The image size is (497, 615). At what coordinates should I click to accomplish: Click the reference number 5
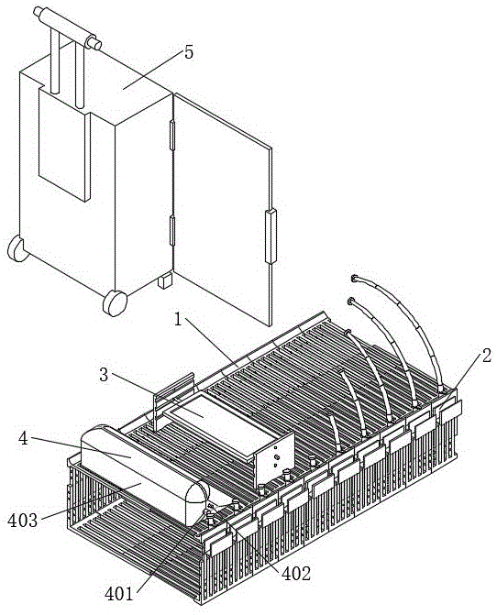[189, 52]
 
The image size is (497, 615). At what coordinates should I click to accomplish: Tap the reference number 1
[179, 320]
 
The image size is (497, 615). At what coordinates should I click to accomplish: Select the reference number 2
[486, 356]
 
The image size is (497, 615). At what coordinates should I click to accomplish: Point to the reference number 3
[104, 375]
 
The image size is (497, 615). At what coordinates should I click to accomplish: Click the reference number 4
[24, 439]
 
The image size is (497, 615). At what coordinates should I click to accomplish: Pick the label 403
[23, 521]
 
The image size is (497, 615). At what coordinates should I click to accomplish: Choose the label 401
[119, 594]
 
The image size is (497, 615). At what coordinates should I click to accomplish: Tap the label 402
[296, 574]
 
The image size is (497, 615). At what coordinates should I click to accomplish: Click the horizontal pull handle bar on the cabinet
[67, 28]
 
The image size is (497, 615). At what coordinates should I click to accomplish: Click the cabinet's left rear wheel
[17, 248]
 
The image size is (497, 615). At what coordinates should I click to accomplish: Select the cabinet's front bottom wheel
[115, 302]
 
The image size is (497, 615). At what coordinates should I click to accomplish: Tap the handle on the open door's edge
[271, 236]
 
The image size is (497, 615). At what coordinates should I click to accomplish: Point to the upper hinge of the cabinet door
[171, 136]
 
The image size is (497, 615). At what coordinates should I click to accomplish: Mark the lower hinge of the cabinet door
[171, 231]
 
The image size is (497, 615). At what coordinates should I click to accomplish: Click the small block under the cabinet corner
[165, 280]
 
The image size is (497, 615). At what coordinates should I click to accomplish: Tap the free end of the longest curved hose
[355, 279]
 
